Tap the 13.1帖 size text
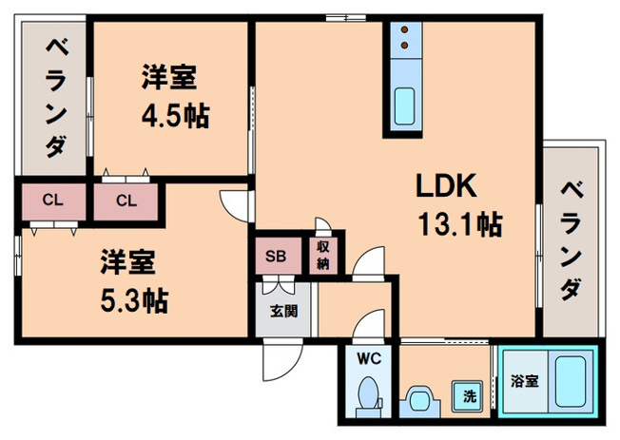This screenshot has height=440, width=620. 459,224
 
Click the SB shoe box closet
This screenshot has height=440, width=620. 276,256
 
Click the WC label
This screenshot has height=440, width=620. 368,360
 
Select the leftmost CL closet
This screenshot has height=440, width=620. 53,201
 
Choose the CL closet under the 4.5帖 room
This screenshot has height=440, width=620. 126,201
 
